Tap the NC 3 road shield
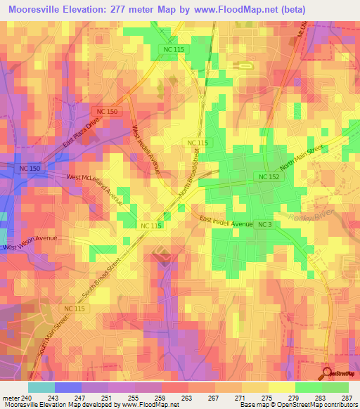pos(264,224)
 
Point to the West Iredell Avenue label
pos(146,150)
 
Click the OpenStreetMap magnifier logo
pos(328,372)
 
